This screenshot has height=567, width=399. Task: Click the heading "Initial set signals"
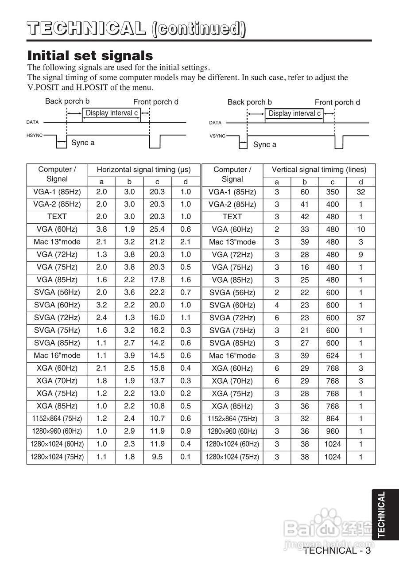coord(90,56)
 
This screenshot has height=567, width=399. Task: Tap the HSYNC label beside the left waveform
coord(34,135)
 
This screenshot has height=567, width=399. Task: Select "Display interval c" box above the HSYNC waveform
coord(112,113)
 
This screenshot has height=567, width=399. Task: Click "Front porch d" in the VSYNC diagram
coord(337,102)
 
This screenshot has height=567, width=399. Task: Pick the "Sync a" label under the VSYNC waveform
coord(265,144)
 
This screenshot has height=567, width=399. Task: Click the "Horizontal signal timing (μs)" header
coord(144,170)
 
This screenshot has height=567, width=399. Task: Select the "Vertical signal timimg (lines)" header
coord(319,170)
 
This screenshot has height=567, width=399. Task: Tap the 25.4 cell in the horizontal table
coord(157,229)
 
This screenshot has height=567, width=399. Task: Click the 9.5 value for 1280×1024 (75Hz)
coord(157,457)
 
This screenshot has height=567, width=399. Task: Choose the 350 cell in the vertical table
coord(333,192)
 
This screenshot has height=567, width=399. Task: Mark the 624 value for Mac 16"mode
coord(333,356)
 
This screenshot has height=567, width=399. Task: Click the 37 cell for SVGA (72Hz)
coord(361,318)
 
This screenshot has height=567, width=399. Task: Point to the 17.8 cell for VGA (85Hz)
coord(157,280)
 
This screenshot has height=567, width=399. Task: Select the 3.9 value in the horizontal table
coord(129,356)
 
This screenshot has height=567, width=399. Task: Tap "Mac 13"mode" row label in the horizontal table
coord(57,242)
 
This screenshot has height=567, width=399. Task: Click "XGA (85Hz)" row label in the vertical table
coord(232,406)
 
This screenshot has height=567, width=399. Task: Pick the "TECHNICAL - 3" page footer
coord(337,551)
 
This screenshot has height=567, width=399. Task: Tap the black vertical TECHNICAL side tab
coord(381,514)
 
